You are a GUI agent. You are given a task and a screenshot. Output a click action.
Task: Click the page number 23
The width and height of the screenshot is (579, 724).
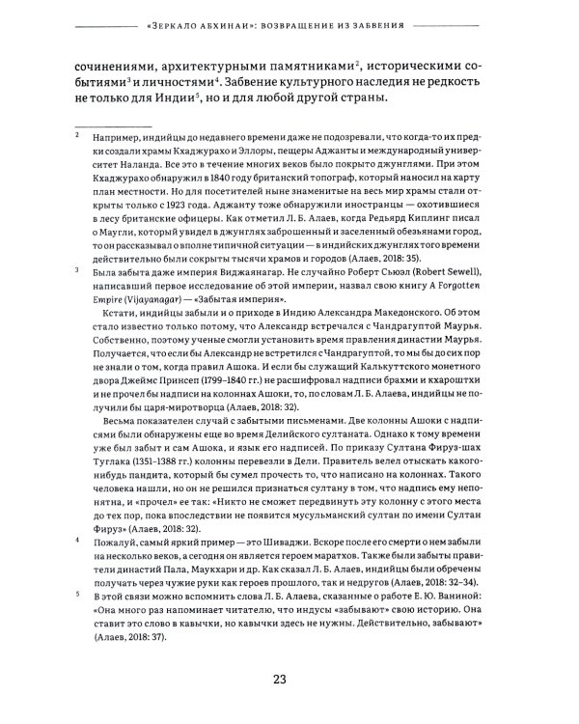tap(280, 680)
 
